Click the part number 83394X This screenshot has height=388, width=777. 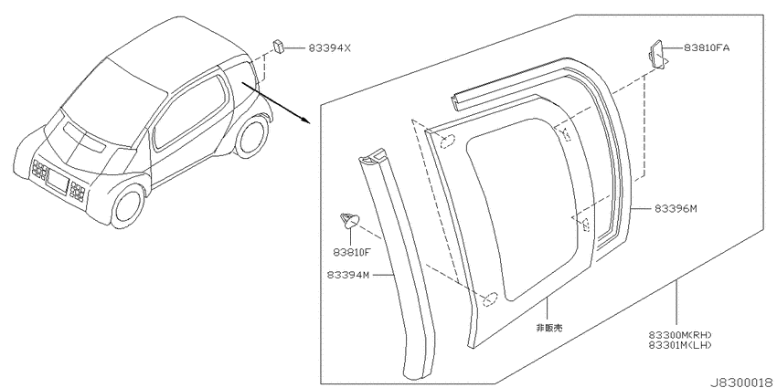(x=329, y=48)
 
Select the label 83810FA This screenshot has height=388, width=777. (x=707, y=48)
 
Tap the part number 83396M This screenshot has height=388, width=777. (x=676, y=209)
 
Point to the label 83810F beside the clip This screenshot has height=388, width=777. (x=352, y=252)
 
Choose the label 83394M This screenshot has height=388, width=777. (x=348, y=275)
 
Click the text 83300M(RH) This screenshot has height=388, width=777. (x=680, y=335)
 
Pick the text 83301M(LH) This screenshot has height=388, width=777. (x=680, y=345)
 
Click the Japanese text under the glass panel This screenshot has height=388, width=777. (x=549, y=328)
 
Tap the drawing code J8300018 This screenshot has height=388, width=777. (x=743, y=383)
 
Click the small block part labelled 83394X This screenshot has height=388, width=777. (x=278, y=47)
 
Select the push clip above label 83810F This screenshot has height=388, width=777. (x=349, y=220)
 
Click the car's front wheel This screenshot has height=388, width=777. (x=127, y=206)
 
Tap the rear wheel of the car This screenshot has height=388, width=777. (x=251, y=136)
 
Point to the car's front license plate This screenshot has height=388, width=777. (x=58, y=183)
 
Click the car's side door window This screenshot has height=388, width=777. (x=188, y=112)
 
